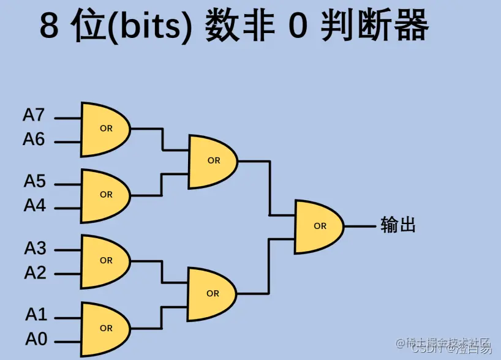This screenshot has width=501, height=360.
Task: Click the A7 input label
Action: click(x=34, y=114)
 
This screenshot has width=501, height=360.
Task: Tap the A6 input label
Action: click(x=34, y=140)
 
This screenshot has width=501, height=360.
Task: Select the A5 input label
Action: click(x=34, y=181)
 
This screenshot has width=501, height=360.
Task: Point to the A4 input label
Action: click(x=34, y=206)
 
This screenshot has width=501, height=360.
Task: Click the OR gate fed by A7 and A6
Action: click(x=105, y=129)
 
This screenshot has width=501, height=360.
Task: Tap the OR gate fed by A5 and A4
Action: click(x=105, y=195)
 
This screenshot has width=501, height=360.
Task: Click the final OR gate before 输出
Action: click(x=318, y=226)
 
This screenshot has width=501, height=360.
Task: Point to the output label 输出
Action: click(x=398, y=225)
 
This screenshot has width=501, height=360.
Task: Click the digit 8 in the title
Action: click(x=51, y=27)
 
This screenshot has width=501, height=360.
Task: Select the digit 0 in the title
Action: click(x=297, y=27)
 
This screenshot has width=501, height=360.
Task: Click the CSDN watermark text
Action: click(x=429, y=349)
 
